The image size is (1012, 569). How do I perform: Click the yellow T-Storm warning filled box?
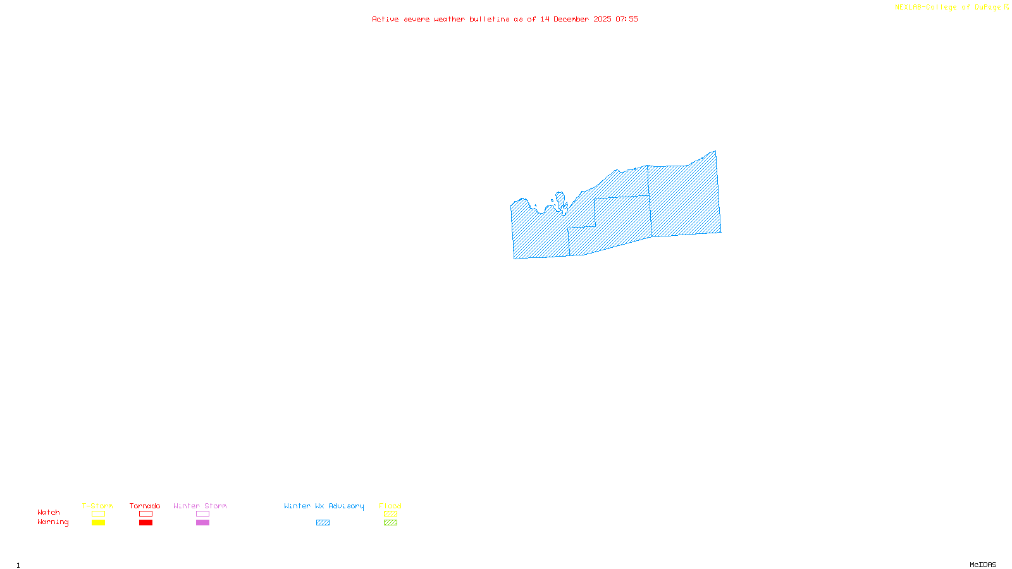(98, 523)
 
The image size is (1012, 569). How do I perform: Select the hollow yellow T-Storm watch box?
(98, 514)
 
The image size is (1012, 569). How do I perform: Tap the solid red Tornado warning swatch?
(145, 523)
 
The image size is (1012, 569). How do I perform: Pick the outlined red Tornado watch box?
(145, 514)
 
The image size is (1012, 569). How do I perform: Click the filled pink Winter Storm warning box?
(202, 523)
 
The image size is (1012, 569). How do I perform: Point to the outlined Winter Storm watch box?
(202, 514)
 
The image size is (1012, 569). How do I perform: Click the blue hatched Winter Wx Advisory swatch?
(323, 523)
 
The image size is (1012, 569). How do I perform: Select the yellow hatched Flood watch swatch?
(390, 514)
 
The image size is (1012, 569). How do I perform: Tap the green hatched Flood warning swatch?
(390, 523)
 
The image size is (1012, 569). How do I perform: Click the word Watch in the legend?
(49, 513)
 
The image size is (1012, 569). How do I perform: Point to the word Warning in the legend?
(52, 522)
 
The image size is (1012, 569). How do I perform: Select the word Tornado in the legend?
(145, 506)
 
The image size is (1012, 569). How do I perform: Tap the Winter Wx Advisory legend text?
(324, 506)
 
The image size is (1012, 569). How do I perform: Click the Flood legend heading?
(390, 506)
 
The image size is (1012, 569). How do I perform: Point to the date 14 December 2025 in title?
(576, 19)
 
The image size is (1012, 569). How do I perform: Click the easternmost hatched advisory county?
(684, 199)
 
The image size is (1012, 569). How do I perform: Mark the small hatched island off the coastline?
(560, 199)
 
